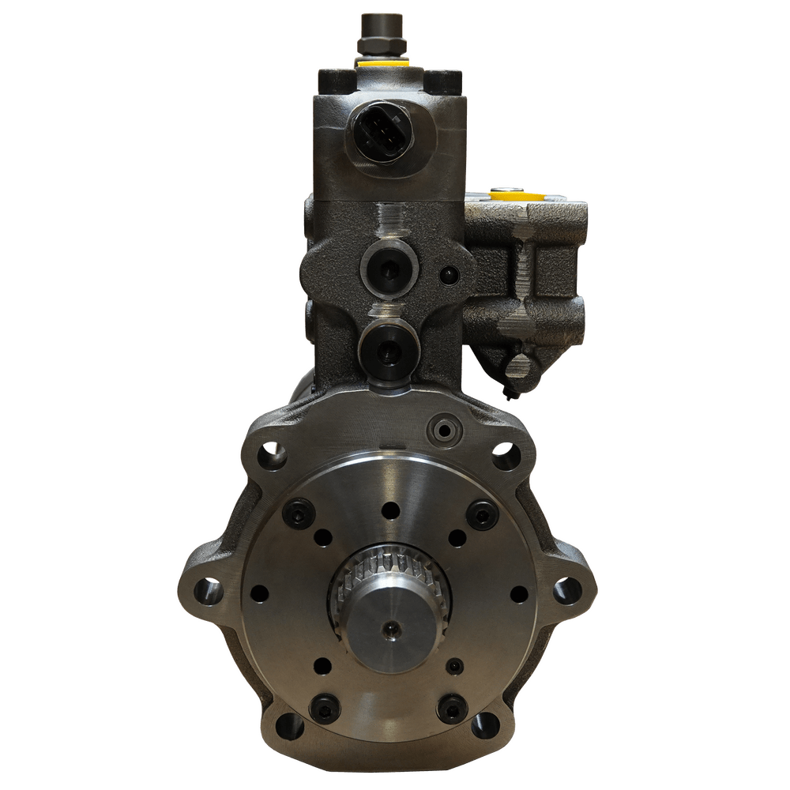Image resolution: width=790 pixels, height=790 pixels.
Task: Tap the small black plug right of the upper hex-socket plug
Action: point(449,275)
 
